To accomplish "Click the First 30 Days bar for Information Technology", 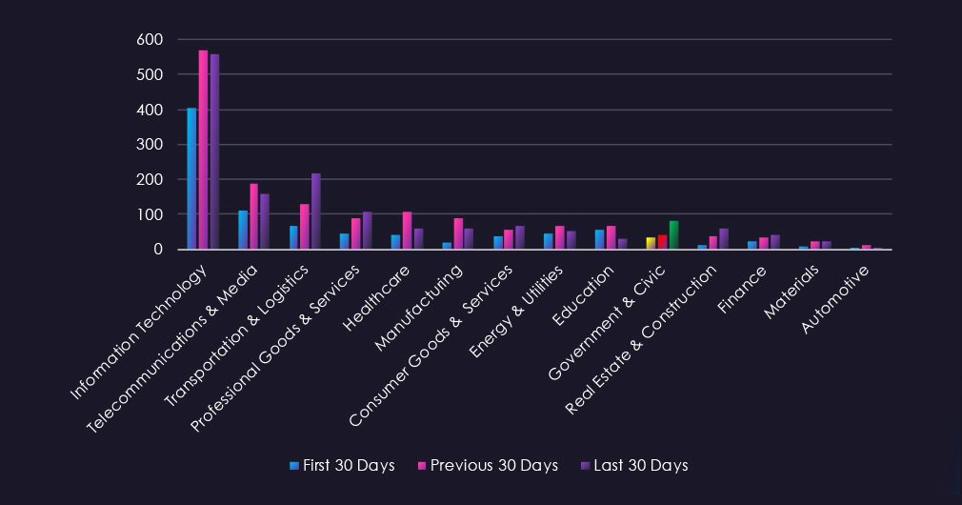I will coord(191,178).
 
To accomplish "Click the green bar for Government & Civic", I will coord(673,235).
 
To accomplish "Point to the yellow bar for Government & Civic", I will coord(651,243).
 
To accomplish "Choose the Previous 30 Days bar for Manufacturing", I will coord(458,233).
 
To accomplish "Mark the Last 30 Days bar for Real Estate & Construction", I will coord(724,238).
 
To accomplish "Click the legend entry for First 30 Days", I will coord(342,466).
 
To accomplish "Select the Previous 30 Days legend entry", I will coord(488,466).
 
